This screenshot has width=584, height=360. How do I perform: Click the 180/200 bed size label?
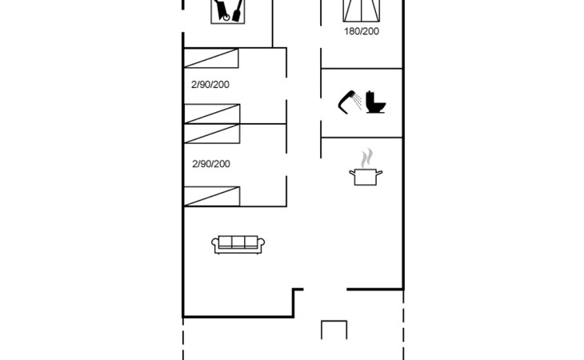pyautogui.click(x=362, y=31)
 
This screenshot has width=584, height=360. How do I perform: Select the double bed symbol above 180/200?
pyautogui.click(x=362, y=10)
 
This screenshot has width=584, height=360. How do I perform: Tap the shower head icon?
pyautogui.click(x=346, y=102)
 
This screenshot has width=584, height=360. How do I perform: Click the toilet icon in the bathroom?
pyautogui.click(x=375, y=102)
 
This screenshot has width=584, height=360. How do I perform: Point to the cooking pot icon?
pyautogui.click(x=366, y=177)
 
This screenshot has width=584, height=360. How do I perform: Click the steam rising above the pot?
pyautogui.click(x=366, y=158)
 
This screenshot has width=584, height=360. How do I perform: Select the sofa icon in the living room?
pyautogui.click(x=238, y=245)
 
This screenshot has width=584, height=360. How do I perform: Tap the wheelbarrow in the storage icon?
pyautogui.click(x=222, y=10)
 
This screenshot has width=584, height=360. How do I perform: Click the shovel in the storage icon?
pyautogui.click(x=238, y=10)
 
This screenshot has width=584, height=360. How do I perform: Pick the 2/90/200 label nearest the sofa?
pyautogui.click(x=211, y=164)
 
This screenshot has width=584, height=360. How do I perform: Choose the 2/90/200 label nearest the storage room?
pyautogui.click(x=210, y=85)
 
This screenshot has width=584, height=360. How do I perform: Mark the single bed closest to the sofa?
pyautogui.click(x=212, y=196)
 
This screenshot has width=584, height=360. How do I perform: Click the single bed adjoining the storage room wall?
pyautogui.click(x=211, y=58)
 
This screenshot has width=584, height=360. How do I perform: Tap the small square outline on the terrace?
pyautogui.click(x=334, y=330)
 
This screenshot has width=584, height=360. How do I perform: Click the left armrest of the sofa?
pyautogui.click(x=215, y=245)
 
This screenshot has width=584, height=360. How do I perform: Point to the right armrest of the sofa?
pyautogui.click(x=261, y=245)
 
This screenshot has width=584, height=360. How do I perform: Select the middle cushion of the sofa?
pyautogui.click(x=238, y=242)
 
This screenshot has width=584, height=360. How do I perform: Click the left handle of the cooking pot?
pyautogui.click(x=352, y=173)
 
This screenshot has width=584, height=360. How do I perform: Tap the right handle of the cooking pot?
pyautogui.click(x=379, y=173)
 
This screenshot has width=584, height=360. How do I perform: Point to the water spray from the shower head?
pyautogui.click(x=358, y=101)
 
